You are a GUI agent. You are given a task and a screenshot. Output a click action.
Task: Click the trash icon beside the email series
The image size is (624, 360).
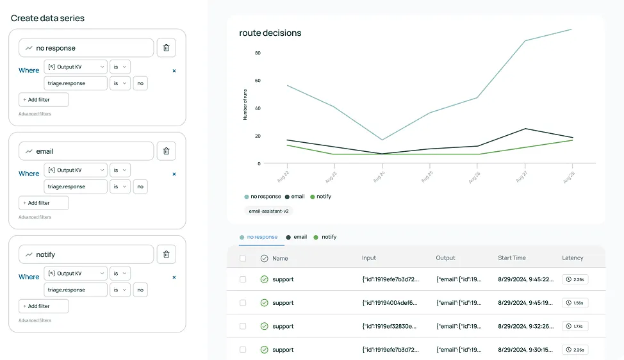coord(166,151)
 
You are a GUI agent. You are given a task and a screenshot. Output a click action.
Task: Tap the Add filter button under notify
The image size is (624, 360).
coord(44,306)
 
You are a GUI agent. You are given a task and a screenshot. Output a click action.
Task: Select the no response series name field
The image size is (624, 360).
coord(86,48)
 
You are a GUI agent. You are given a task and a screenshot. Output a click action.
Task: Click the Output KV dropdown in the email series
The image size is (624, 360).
coord(76,170)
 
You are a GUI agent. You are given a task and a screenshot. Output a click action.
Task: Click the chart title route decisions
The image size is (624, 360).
coord(270,33)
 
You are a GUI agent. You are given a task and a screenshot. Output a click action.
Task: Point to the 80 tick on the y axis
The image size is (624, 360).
coord(258,53)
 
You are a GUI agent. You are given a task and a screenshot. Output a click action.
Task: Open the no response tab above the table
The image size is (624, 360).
coord(262,237)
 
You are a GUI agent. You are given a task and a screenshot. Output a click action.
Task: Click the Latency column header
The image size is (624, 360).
coord(572,258)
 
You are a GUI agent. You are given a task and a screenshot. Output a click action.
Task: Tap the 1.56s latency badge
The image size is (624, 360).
coord(575,303)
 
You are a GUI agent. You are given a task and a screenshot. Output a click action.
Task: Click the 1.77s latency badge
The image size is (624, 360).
coord(575,326)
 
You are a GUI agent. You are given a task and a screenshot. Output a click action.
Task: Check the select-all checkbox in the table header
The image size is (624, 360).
coord(243,258)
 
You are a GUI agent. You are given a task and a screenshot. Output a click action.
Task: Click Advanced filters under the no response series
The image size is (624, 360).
coord(35,114)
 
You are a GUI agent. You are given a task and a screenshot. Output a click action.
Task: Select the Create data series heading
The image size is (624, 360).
coord(47,18)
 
